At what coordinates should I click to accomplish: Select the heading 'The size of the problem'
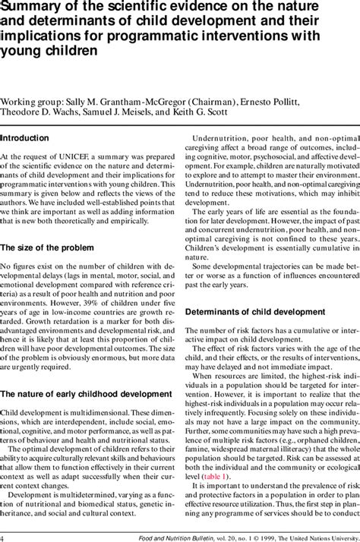(47, 247)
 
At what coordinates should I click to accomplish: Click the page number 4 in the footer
(3, 535)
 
